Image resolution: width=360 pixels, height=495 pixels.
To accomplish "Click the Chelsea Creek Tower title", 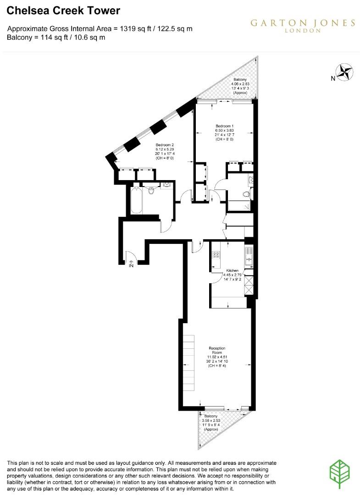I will point(63,11).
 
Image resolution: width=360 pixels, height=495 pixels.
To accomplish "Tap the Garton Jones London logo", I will point(303,25).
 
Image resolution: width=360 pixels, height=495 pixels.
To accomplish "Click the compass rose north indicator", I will point(344,72).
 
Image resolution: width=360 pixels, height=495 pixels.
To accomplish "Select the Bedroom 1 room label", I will point(225,126).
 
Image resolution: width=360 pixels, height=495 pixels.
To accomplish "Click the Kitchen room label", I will point(232,271).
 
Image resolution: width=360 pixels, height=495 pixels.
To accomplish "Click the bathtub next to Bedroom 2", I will point(137,200).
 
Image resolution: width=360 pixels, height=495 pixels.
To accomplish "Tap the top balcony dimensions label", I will point(240,86).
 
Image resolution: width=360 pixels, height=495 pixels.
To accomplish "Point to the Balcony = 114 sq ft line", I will point(56,38).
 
